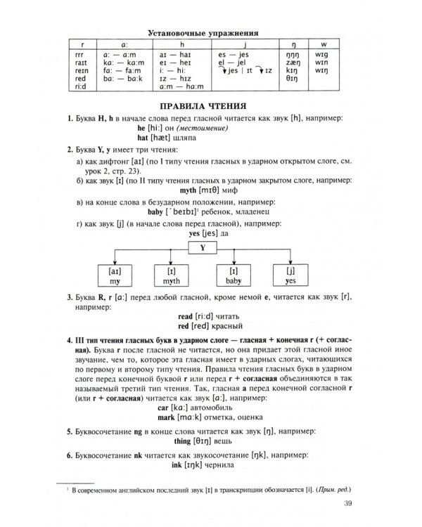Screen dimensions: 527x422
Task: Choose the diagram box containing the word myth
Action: (173, 275)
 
